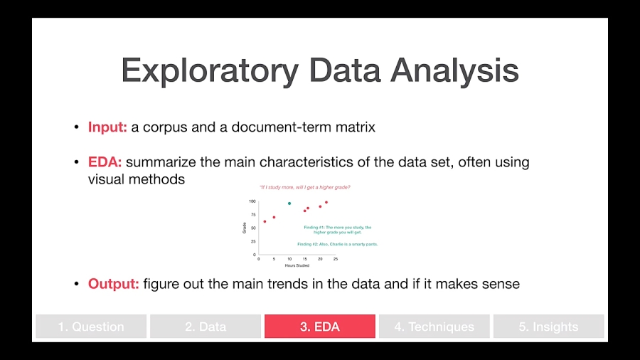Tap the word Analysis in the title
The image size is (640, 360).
pyautogui.click(x=454, y=71)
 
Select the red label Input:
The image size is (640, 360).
pyautogui.click(x=107, y=127)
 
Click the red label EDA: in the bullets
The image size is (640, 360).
pyautogui.click(x=105, y=162)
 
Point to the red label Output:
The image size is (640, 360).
pyautogui.click(x=113, y=284)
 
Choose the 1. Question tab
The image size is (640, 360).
pyautogui.click(x=91, y=327)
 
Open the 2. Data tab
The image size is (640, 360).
pyautogui.click(x=206, y=327)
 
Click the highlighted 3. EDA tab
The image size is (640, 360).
pyautogui.click(x=320, y=327)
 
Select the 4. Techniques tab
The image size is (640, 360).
pyautogui.click(x=434, y=327)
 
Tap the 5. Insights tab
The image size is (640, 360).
pyautogui.click(x=548, y=327)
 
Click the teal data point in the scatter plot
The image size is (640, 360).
pyautogui.click(x=289, y=203)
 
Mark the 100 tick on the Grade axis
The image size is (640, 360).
pyautogui.click(x=252, y=201)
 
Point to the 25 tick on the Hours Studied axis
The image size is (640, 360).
pyautogui.click(x=336, y=259)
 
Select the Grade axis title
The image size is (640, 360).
pyautogui.click(x=244, y=228)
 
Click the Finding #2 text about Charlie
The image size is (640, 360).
pyautogui.click(x=338, y=244)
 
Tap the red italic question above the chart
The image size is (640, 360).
pyautogui.click(x=304, y=187)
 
